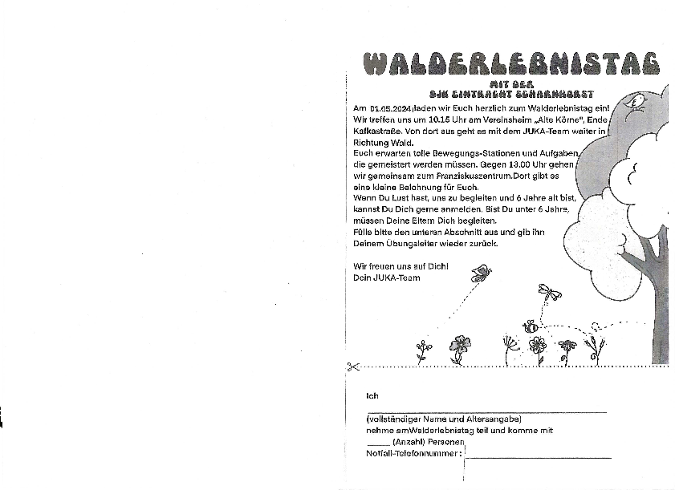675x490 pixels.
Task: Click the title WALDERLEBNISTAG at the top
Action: tap(510, 63)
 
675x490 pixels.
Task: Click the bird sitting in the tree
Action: tap(639, 102)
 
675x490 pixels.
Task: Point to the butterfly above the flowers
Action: tap(481, 273)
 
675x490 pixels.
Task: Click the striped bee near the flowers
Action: tap(531, 326)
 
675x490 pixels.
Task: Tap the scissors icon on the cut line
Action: tap(352, 367)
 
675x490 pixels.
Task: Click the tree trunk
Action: tap(659, 305)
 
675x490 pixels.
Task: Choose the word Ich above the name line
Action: tap(372, 396)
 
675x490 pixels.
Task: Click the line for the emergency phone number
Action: tap(539, 457)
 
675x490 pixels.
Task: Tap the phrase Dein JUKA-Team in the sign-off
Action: tap(387, 277)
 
